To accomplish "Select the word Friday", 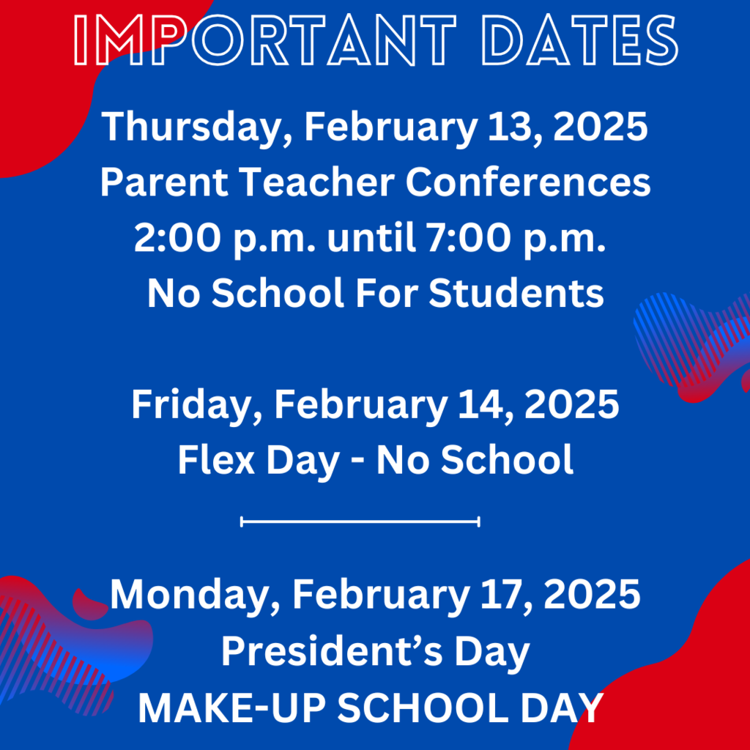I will click(187, 405).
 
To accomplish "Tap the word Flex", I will click(215, 460).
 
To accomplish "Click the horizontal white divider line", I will click(360, 522).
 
